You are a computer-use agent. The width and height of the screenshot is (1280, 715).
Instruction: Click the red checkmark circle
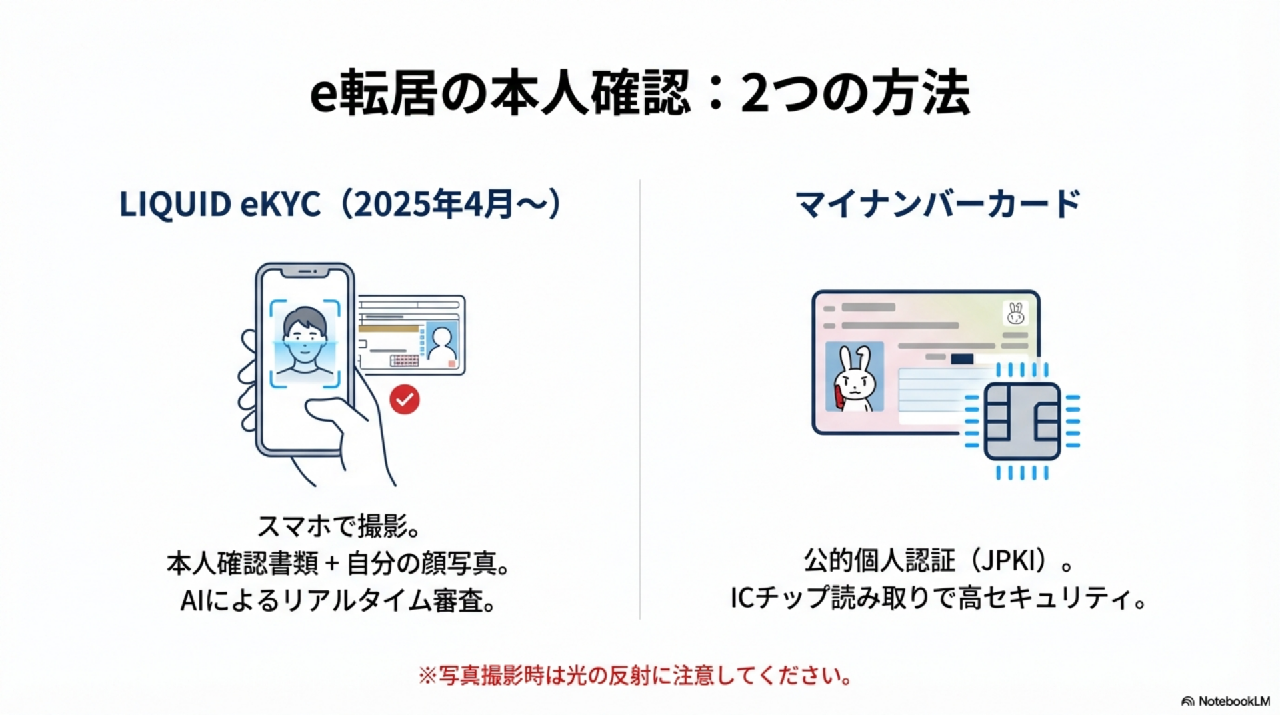[x=405, y=399]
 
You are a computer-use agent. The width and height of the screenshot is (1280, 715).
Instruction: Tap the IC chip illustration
[x=1022, y=421]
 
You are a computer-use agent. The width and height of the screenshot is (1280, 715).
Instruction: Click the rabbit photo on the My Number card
[x=854, y=377]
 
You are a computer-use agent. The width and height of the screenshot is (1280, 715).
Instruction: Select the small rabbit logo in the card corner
[x=1015, y=313]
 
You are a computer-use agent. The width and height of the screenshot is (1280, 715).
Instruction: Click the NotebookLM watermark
[x=1225, y=701]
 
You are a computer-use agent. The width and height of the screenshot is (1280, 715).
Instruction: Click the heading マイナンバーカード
[x=938, y=204]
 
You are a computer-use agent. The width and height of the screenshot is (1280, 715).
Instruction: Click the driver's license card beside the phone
[x=410, y=335]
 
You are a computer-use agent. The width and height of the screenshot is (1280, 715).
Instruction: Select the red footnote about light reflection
[x=635, y=676]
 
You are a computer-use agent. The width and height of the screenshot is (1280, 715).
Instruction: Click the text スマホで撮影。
[x=339, y=526]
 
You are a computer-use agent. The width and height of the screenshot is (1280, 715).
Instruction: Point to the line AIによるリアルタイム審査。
[x=339, y=601]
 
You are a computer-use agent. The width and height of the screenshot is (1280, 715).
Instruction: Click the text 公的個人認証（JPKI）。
[x=938, y=561]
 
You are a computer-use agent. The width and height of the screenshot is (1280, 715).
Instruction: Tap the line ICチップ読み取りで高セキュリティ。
[x=938, y=598]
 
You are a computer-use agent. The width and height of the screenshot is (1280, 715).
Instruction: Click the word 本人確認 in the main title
[x=590, y=93]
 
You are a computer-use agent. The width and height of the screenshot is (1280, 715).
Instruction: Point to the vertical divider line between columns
[x=640, y=399]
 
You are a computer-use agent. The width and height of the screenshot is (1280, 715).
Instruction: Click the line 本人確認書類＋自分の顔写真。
[x=339, y=564]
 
